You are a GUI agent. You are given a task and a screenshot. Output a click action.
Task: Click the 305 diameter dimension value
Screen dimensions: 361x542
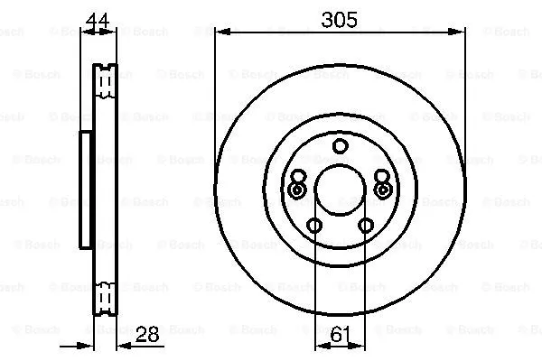[340, 17]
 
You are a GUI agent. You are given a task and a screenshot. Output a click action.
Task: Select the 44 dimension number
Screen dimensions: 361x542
[100, 17]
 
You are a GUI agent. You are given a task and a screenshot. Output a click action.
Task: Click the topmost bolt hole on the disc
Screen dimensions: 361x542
[340, 146]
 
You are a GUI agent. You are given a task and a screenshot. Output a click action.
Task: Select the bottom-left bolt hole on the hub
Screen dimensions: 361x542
[313, 226]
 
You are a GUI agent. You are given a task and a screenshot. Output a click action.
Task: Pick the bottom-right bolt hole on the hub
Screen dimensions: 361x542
[366, 226]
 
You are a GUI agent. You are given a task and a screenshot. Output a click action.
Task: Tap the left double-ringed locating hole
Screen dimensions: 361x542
[297, 190]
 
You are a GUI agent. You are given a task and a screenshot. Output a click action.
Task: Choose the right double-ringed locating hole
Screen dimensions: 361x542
[382, 190]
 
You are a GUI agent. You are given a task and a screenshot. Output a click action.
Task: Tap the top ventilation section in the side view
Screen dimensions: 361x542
[107, 81]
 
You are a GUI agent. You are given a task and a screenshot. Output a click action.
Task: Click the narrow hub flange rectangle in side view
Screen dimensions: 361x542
[87, 190]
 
